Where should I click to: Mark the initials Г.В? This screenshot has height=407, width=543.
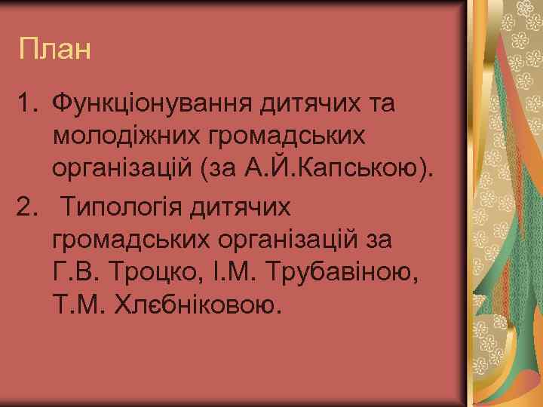tap(72, 272)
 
